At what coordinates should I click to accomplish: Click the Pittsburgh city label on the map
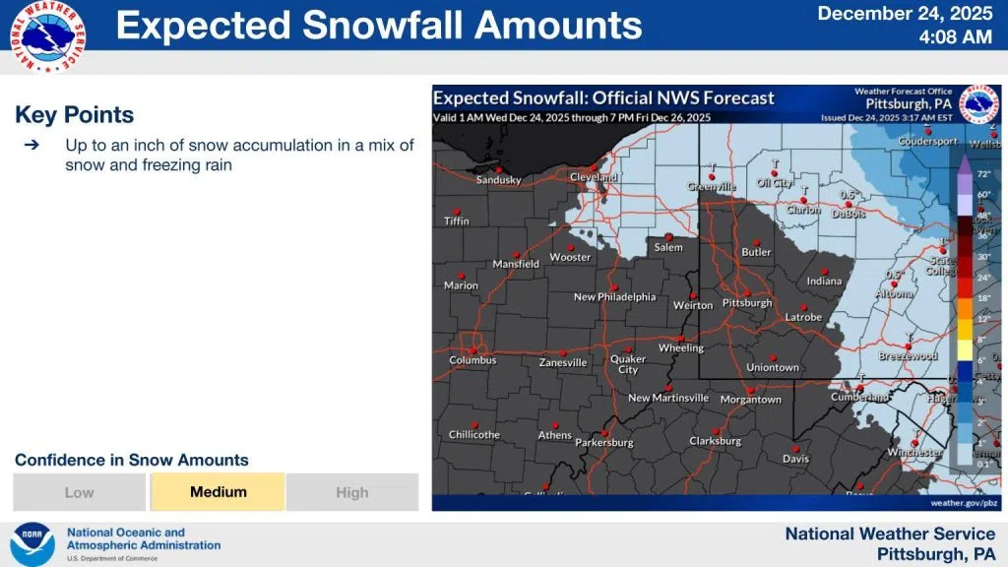coord(747,303)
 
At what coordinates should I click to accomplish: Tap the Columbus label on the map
coord(472,360)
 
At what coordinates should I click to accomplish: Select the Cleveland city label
coord(594,177)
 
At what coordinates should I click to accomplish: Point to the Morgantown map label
coord(751,400)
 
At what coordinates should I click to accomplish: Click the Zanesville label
coord(563,362)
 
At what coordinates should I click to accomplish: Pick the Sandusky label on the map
coord(498,180)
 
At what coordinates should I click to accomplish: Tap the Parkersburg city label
coord(604,443)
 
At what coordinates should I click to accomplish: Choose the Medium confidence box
coord(218,492)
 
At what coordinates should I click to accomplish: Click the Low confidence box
coord(80,492)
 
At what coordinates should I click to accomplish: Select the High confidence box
coord(352,492)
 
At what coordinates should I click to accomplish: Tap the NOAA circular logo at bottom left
coord(32,544)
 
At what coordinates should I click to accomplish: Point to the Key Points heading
coord(75,115)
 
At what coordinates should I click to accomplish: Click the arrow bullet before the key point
coord(31,145)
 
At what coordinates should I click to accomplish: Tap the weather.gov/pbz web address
coord(965,502)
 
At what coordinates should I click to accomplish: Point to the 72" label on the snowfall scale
coord(982,173)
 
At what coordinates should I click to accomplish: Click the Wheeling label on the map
coord(681,347)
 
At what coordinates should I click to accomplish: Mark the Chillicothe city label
coord(474,434)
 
